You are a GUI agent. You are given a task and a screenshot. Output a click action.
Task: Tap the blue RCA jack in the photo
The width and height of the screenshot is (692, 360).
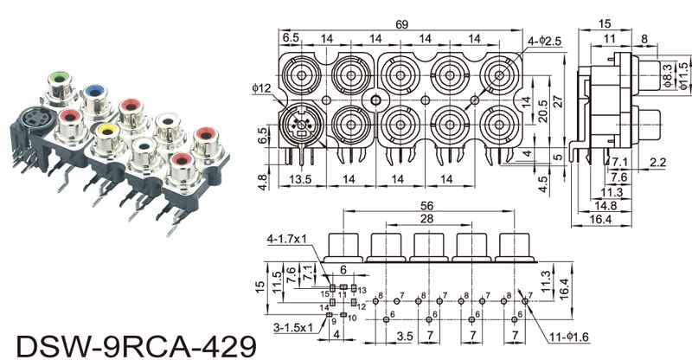[94, 90]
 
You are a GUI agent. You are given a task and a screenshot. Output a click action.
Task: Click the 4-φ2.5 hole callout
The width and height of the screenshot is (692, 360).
[544, 41]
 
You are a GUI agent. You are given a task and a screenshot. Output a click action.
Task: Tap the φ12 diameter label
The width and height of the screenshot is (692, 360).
[263, 87]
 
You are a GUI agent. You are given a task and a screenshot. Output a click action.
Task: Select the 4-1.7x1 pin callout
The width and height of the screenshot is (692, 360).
[292, 238]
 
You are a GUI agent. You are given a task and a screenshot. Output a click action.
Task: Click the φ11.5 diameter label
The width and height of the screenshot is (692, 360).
[682, 75]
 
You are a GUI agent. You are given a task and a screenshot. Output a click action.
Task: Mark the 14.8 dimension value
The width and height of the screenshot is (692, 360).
[607, 206]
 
